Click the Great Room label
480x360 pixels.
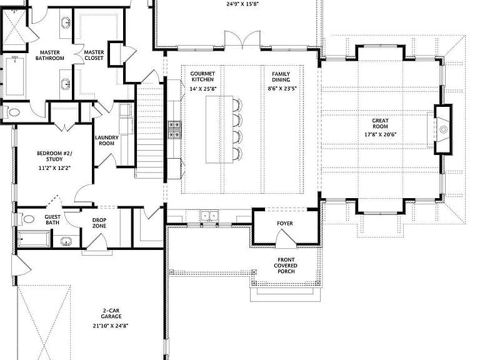pyautogui.click(x=380, y=123)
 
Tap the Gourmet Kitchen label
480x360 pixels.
pyautogui.click(x=202, y=76)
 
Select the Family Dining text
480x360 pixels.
pyautogui.click(x=281, y=77)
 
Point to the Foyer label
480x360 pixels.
pyautogui.click(x=285, y=224)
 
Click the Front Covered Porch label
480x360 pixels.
pyautogui.click(x=286, y=266)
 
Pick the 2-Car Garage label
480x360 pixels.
pyautogui.click(x=111, y=314)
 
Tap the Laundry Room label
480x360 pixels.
pyautogui.click(x=106, y=141)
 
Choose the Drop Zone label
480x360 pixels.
pyautogui.click(x=99, y=223)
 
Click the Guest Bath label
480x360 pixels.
pyautogui.click(x=52, y=219)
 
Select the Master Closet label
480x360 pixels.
pyautogui.click(x=94, y=55)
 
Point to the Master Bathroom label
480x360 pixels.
pyautogui.click(x=50, y=56)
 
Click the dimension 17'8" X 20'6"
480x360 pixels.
pyautogui.click(x=381, y=134)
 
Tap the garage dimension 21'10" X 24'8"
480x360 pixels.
pyautogui.click(x=111, y=326)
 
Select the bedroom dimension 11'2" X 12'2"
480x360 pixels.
pyautogui.click(x=54, y=168)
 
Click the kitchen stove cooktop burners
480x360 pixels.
pyautogui.click(x=174, y=130)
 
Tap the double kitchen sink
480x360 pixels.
pyautogui.click(x=210, y=216)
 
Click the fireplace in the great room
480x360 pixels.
pyautogui.click(x=443, y=129)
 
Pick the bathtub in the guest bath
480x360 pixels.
pyautogui.click(x=34, y=239)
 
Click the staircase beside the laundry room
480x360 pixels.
pyautogui.click(x=149, y=132)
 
